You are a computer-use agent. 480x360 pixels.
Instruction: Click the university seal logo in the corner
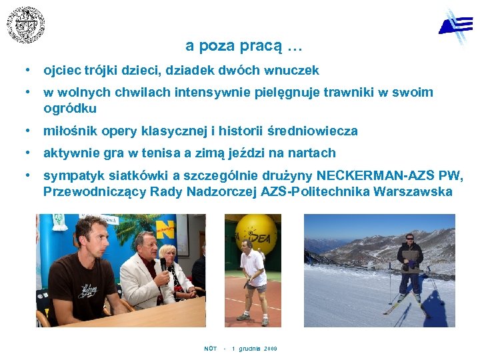coord(26,25)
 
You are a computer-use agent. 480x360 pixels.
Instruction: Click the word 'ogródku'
coord(70,108)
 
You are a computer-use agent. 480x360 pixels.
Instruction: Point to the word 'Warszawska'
coord(413,192)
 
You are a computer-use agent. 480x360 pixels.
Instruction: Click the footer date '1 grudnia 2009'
coord(254,349)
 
